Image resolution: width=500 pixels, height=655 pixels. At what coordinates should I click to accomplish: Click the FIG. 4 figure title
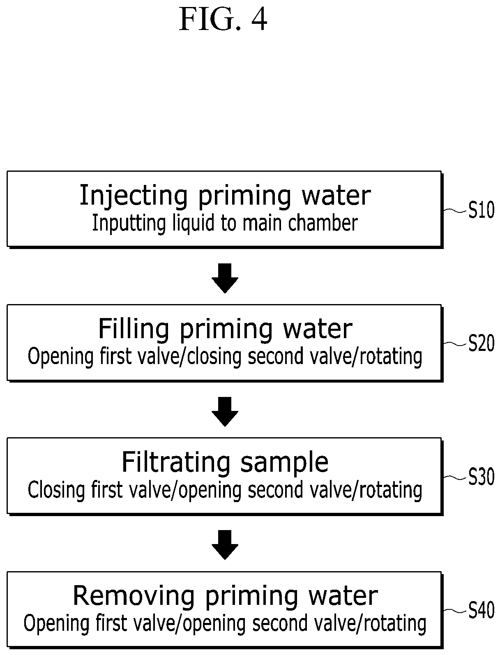pyautogui.click(x=223, y=19)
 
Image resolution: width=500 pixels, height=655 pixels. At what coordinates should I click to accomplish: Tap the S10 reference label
pyautogui.click(x=481, y=210)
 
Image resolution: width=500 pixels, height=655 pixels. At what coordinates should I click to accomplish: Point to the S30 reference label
pyautogui.click(x=481, y=477)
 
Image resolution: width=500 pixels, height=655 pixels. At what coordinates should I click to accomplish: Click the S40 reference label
pyautogui.click(x=481, y=610)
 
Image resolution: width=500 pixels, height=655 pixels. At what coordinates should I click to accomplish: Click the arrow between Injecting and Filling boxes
pyautogui.click(x=225, y=278)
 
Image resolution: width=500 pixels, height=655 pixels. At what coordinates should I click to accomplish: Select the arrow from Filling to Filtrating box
pyautogui.click(x=225, y=412)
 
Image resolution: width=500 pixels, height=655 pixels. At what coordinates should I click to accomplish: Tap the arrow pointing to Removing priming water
pyautogui.click(x=225, y=545)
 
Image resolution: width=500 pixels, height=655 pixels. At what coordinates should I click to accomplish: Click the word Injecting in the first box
pyautogui.click(x=134, y=196)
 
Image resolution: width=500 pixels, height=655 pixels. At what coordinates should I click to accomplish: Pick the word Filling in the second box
pyautogui.click(x=134, y=329)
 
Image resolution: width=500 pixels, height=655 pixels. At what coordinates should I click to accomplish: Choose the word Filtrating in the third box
pyautogui.click(x=176, y=462)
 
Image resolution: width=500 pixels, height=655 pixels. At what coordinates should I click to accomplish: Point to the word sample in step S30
pyautogui.click(x=284, y=463)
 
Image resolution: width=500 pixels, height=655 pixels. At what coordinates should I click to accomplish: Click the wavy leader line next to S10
pyautogui.click(x=455, y=210)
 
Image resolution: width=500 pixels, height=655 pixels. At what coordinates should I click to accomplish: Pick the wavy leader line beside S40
pyautogui.click(x=455, y=610)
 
